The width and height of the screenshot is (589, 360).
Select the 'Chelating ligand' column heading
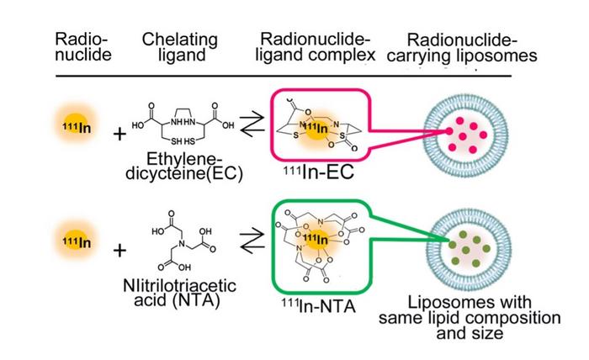pos(180,48)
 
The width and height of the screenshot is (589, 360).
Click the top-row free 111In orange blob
pos(77,125)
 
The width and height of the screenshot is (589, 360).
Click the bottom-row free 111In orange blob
pos(77,241)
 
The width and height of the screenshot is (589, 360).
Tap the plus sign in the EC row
pos(119,134)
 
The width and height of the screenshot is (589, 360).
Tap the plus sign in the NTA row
pos(119,251)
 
